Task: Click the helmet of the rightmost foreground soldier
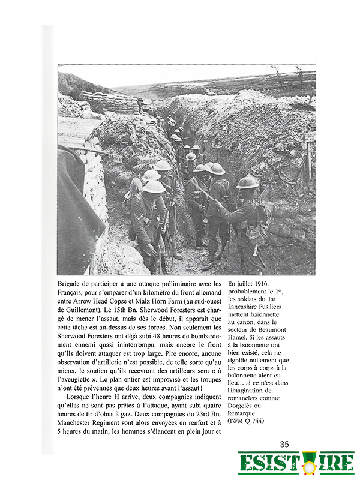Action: coord(248,182)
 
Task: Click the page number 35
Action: coord(284,444)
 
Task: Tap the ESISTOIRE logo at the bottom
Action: coord(296,463)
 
